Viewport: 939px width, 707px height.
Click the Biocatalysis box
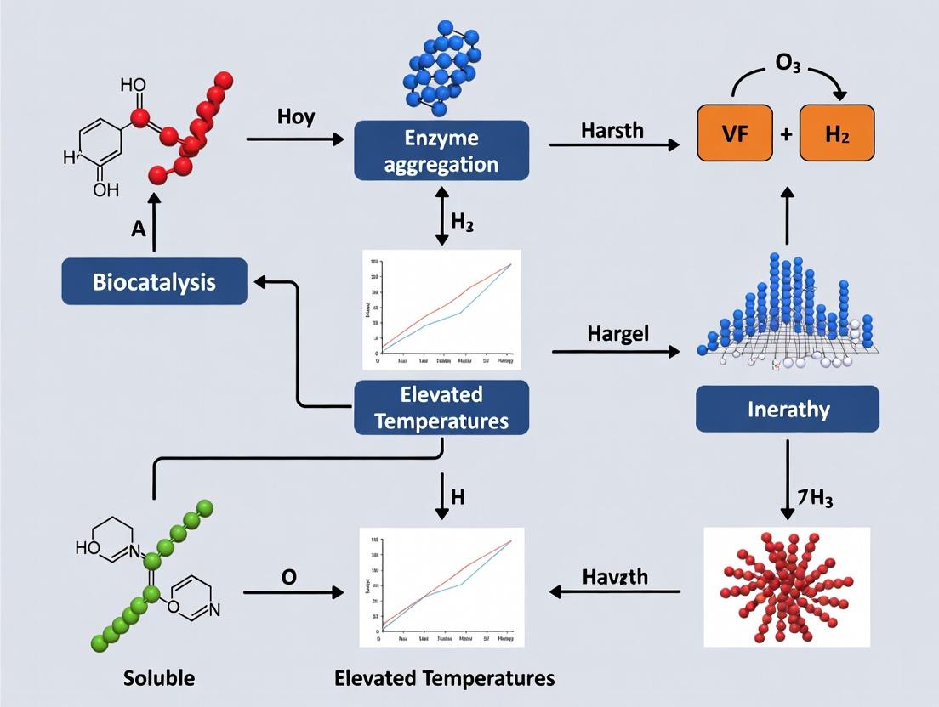click(154, 281)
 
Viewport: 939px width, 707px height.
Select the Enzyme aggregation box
click(441, 150)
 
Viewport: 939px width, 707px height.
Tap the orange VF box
click(735, 133)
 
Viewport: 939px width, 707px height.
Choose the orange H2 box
click(836, 133)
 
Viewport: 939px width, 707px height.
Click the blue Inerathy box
click(788, 409)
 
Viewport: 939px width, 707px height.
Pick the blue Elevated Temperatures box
click(441, 408)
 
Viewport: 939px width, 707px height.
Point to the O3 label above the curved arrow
click(787, 65)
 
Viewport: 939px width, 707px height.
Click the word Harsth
click(612, 131)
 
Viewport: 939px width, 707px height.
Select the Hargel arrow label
click(617, 333)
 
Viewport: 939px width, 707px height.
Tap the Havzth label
click(615, 577)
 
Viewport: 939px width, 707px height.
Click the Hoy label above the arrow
click(296, 117)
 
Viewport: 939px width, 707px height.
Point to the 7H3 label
click(814, 499)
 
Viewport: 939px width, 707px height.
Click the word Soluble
click(159, 678)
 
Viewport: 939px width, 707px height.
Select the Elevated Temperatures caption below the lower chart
click(444, 678)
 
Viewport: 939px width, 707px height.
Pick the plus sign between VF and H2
click(786, 133)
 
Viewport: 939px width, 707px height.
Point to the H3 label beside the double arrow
click(463, 225)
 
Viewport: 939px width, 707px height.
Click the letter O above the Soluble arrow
click(289, 577)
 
